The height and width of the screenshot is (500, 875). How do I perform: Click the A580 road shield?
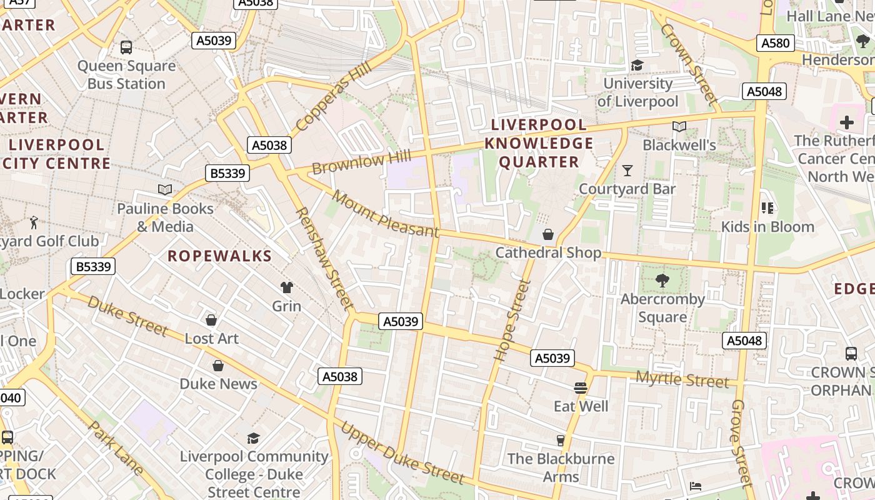pos(776,43)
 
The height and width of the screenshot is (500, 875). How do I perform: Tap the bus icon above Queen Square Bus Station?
pos(126,47)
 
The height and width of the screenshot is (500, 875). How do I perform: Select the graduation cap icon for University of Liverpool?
pos(637,65)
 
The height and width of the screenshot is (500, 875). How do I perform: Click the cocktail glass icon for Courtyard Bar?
pos(627,171)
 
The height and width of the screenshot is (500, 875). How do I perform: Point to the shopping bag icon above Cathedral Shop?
pos(548,234)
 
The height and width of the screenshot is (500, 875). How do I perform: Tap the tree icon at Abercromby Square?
pos(662,281)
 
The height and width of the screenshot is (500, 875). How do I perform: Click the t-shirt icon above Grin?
pos(286,287)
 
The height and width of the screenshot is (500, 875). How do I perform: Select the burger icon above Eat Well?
pos(581,388)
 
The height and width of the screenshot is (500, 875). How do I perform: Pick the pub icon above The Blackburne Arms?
pos(561,441)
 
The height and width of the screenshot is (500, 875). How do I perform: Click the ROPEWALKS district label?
pos(220,256)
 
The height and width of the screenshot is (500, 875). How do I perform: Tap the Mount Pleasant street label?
pos(386,214)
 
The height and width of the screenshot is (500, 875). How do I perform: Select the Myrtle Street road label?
pos(682,379)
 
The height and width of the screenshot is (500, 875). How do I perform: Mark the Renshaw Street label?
pos(324,258)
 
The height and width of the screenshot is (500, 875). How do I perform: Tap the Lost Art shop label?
pos(211,338)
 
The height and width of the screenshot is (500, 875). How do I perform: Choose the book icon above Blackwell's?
pos(679,127)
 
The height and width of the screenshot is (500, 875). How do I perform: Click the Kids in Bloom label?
pos(767,226)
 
